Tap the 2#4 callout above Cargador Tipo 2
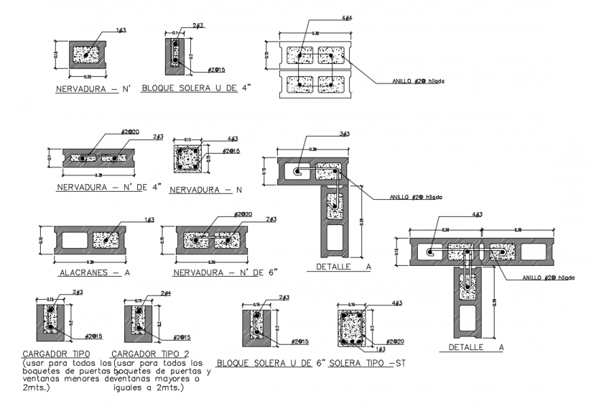pyautogui.click(x=165, y=293)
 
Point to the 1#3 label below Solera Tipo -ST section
pyautogui.click(x=382, y=349)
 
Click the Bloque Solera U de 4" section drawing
pyautogui.click(x=175, y=54)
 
